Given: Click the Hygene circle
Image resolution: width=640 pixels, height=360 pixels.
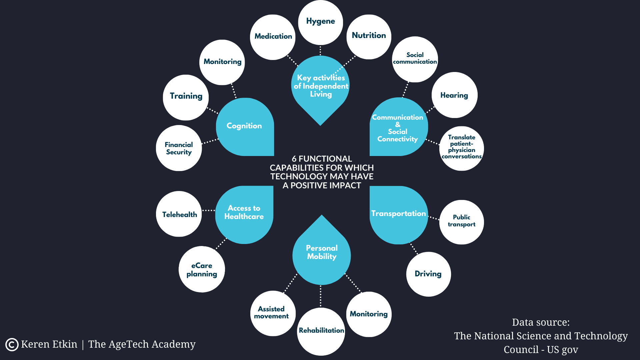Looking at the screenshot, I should click(320, 22).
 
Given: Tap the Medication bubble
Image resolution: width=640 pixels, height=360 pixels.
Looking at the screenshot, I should click(273, 37).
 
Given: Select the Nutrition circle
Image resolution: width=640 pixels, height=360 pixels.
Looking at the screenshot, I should click(369, 36).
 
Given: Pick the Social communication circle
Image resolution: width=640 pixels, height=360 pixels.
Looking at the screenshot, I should click(415, 59).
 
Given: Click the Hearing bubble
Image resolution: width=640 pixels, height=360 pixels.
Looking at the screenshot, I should click(454, 95).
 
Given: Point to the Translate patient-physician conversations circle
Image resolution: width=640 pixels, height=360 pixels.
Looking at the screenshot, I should click(461, 148).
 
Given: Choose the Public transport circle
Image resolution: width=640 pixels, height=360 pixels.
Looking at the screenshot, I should click(461, 222).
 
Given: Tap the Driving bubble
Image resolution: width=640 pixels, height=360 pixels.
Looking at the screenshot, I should click(428, 274).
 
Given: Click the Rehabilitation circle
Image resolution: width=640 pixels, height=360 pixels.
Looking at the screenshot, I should click(321, 331).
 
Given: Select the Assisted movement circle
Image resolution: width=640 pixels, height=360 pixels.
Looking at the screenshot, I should click(272, 313).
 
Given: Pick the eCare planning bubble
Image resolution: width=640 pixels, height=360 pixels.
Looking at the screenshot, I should click(202, 269).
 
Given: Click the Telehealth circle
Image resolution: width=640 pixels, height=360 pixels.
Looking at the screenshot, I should click(179, 214).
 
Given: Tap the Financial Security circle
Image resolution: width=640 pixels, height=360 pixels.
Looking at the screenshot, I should click(179, 148).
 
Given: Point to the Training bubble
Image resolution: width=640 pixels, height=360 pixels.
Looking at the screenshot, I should click(186, 97).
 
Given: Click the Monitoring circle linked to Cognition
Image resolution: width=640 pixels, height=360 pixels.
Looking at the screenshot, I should click(222, 62).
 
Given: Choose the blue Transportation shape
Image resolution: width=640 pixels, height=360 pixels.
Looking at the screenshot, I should click(398, 215).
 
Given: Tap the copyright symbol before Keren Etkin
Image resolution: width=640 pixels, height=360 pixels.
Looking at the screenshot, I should click(12, 345).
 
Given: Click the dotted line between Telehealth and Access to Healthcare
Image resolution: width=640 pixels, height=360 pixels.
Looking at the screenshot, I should click(209, 210).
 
